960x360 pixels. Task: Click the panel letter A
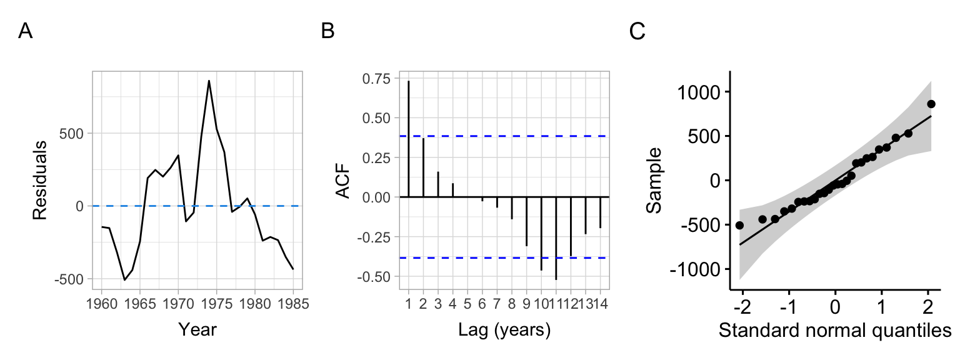(x=26, y=31)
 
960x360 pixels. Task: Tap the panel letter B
(x=327, y=31)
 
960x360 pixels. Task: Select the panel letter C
(x=637, y=31)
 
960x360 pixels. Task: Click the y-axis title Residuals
(x=40, y=180)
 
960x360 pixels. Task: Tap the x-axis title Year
(x=197, y=329)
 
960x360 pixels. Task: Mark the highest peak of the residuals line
(x=209, y=81)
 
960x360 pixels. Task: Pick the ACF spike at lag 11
(x=556, y=237)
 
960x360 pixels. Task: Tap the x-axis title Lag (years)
(x=504, y=329)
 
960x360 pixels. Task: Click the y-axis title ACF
(x=343, y=180)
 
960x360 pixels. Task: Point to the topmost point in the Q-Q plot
(x=931, y=104)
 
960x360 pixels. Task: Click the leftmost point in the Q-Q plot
(x=739, y=225)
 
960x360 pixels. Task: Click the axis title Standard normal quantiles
(x=835, y=331)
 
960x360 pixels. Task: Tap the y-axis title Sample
(x=654, y=180)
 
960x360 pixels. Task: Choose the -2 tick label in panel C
(x=739, y=308)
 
